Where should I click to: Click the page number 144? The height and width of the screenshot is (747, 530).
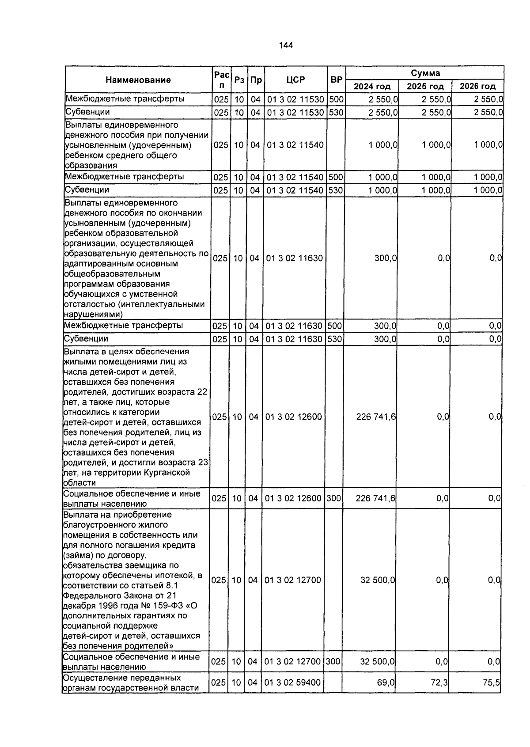tap(286, 46)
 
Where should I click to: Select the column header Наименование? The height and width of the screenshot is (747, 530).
tap(138, 80)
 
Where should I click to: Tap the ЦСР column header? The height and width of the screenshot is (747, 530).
tap(295, 80)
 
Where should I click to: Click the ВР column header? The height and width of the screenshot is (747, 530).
tap(337, 80)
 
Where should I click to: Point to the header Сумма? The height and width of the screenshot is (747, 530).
tap(425, 73)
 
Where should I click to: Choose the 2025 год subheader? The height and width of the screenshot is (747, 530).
tap(425, 86)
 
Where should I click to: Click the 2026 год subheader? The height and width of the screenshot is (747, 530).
tap(477, 86)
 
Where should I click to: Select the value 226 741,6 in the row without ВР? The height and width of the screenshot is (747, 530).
tap(376, 417)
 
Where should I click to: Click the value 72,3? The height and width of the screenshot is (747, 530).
tap(439, 683)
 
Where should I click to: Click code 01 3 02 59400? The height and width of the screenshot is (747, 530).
tap(292, 683)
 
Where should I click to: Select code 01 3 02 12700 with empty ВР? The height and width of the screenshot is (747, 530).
tap(292, 580)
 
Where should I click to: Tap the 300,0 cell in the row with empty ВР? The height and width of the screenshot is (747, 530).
tap(385, 258)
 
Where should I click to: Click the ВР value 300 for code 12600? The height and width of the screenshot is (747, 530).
tap(333, 498)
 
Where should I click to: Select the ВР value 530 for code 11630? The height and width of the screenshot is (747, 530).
tap(334, 339)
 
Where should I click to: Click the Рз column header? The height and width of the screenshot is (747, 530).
tap(239, 80)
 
